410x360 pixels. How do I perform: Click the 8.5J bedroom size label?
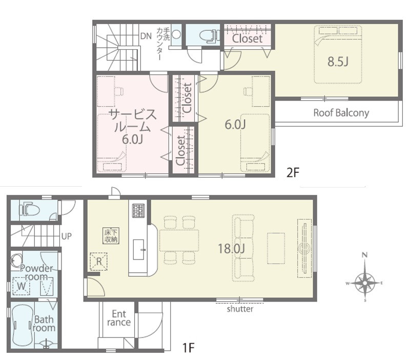click(x=338, y=62)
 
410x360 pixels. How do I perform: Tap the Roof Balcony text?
click(x=341, y=113)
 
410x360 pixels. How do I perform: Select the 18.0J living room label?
click(x=232, y=248)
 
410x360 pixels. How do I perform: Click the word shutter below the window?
click(x=240, y=309)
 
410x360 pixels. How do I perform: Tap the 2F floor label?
click(x=293, y=172)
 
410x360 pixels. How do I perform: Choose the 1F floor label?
click(x=188, y=348)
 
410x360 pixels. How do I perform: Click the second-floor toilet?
click(x=210, y=35)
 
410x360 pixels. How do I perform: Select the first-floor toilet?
click(x=29, y=209)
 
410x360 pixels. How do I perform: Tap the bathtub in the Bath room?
click(x=22, y=325)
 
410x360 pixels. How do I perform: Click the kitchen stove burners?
click(x=138, y=211)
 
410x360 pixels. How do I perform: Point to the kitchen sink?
click(x=138, y=249)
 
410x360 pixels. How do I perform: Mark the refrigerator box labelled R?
click(x=98, y=261)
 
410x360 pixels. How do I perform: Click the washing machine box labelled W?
click(x=22, y=286)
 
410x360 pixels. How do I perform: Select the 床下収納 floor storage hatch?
click(x=111, y=236)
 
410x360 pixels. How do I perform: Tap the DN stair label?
click(x=146, y=36)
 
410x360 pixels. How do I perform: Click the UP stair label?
click(x=67, y=236)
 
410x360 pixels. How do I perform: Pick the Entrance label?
click(x=119, y=318)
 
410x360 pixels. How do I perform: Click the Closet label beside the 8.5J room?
click(x=248, y=39)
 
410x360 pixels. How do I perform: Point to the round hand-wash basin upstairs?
click(x=176, y=34)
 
